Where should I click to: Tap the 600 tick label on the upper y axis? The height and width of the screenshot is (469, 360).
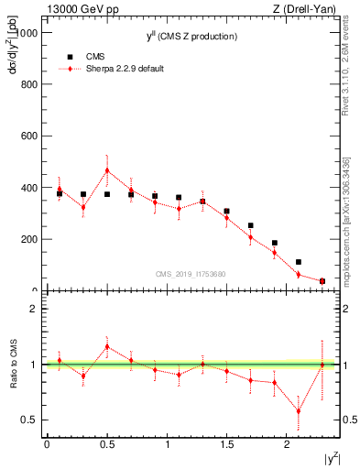tap(27, 136)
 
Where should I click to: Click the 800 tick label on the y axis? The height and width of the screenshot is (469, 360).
tap(27, 84)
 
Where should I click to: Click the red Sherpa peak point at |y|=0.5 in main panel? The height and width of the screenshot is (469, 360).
tap(107, 170)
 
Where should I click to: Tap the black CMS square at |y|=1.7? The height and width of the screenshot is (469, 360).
tap(250, 225)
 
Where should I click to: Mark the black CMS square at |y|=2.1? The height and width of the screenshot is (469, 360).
tap(298, 262)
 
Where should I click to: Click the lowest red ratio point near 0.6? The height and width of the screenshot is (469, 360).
tap(298, 411)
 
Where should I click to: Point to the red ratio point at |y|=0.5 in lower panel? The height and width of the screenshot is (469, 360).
tap(107, 346)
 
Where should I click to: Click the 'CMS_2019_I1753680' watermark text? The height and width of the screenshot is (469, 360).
tap(191, 273)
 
